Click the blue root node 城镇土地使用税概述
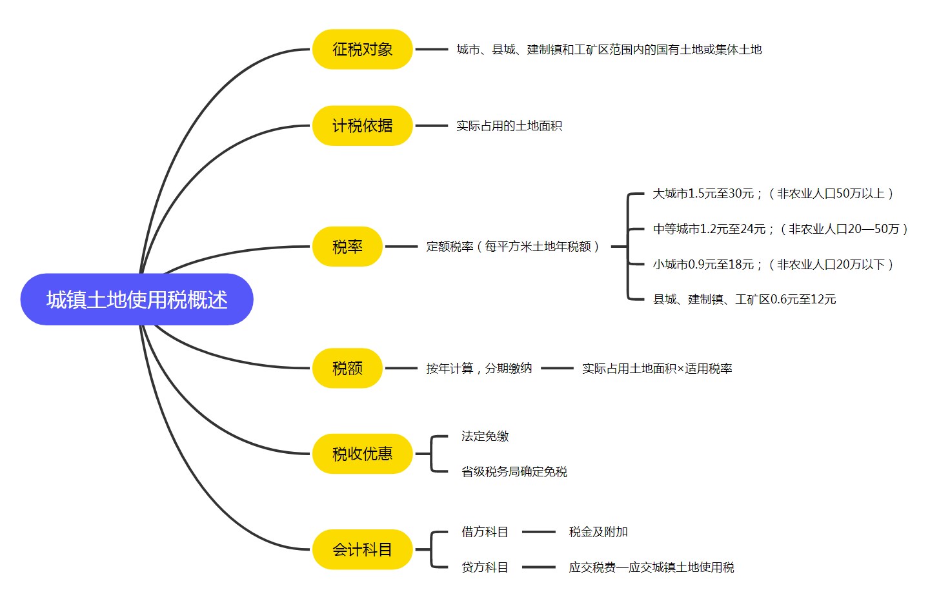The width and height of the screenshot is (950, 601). click(137, 300)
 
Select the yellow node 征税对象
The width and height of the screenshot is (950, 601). click(362, 49)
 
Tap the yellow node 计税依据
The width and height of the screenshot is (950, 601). click(362, 125)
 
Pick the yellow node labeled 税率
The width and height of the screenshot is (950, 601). click(347, 247)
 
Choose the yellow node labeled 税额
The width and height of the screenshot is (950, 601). click(347, 368)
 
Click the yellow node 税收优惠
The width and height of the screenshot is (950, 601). click(362, 454)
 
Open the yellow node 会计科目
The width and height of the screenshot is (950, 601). click(362, 549)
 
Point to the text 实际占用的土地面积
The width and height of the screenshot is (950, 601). click(509, 126)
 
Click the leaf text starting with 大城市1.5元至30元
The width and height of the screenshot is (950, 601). click(773, 194)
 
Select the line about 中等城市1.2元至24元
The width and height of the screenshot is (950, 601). click(780, 229)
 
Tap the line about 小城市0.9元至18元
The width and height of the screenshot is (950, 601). click(773, 265)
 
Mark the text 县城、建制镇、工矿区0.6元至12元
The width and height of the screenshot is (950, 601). click(744, 300)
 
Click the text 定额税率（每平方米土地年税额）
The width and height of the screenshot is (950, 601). click(514, 247)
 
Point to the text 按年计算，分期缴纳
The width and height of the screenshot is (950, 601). click(479, 369)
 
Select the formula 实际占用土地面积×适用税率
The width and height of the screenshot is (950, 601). click(656, 369)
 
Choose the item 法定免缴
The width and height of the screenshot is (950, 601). click(485, 436)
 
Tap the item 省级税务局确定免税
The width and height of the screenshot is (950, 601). click(514, 472)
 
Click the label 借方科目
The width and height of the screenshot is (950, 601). click(485, 532)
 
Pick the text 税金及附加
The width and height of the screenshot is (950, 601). click(598, 532)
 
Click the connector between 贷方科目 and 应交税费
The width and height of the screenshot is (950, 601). click(538, 567)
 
